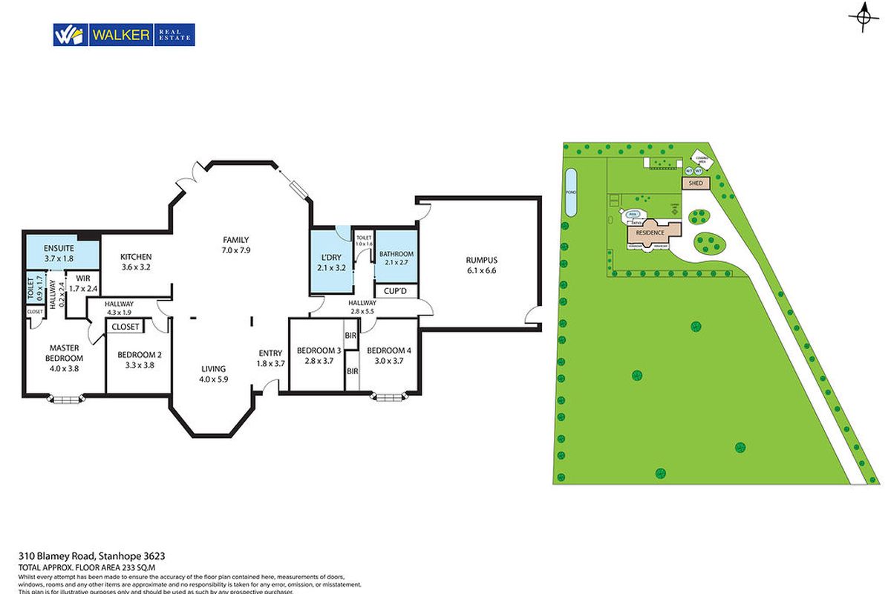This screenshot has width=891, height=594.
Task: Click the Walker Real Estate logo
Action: coord(123,35)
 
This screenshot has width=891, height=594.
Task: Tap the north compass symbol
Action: coord(863,17)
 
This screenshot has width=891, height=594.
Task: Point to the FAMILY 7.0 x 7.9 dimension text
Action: coord(236,244)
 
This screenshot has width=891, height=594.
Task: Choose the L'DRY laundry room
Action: coord(330,262)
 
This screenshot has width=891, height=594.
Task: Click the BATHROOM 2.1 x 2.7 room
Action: coord(396,258)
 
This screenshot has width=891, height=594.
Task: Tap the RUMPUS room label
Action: coord(481,265)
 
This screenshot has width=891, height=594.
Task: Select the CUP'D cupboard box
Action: coord(396,291)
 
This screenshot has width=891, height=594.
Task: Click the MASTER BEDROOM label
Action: coord(64,357)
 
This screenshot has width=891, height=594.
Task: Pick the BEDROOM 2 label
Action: coord(139,359)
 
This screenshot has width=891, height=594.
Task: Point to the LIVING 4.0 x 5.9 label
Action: coord(213,373)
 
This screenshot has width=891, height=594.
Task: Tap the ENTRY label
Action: coord(270,358)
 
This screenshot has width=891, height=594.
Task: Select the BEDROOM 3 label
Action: coord(319,355)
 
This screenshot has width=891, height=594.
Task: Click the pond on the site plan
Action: coord(570,192)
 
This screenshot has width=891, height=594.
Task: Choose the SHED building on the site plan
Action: coord(696,183)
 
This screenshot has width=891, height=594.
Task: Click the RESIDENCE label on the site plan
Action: coord(649,232)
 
